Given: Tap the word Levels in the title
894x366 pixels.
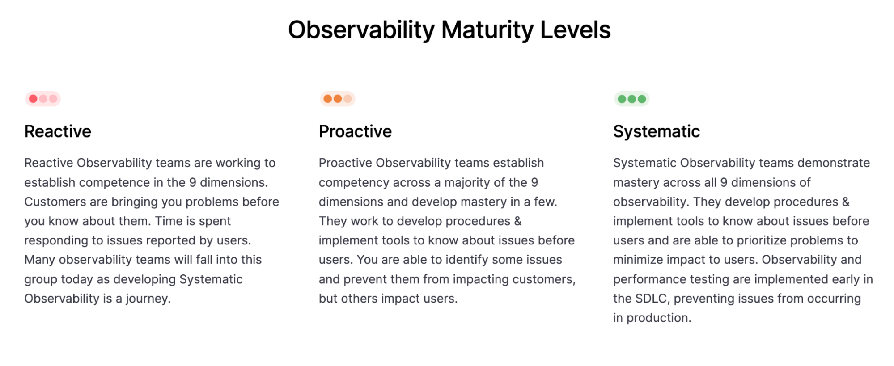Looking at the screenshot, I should click(x=575, y=30).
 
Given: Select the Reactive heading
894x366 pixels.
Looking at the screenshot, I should click(x=58, y=131).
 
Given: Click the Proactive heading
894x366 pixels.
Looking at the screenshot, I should click(x=355, y=131).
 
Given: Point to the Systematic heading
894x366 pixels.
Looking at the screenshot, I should click(x=656, y=131).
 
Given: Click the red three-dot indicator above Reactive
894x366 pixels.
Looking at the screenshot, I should click(x=43, y=99).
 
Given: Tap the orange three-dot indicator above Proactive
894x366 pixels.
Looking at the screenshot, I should click(x=337, y=99).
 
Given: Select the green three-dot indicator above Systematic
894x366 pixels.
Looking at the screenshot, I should click(x=631, y=99).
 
